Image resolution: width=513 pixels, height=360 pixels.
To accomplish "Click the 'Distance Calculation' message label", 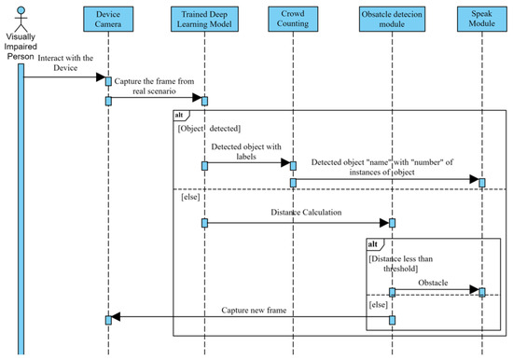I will click(297, 213).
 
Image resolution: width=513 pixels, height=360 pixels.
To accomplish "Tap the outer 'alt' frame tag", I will click(181, 115).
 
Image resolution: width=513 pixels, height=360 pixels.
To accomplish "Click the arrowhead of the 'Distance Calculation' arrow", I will click(382, 223).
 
